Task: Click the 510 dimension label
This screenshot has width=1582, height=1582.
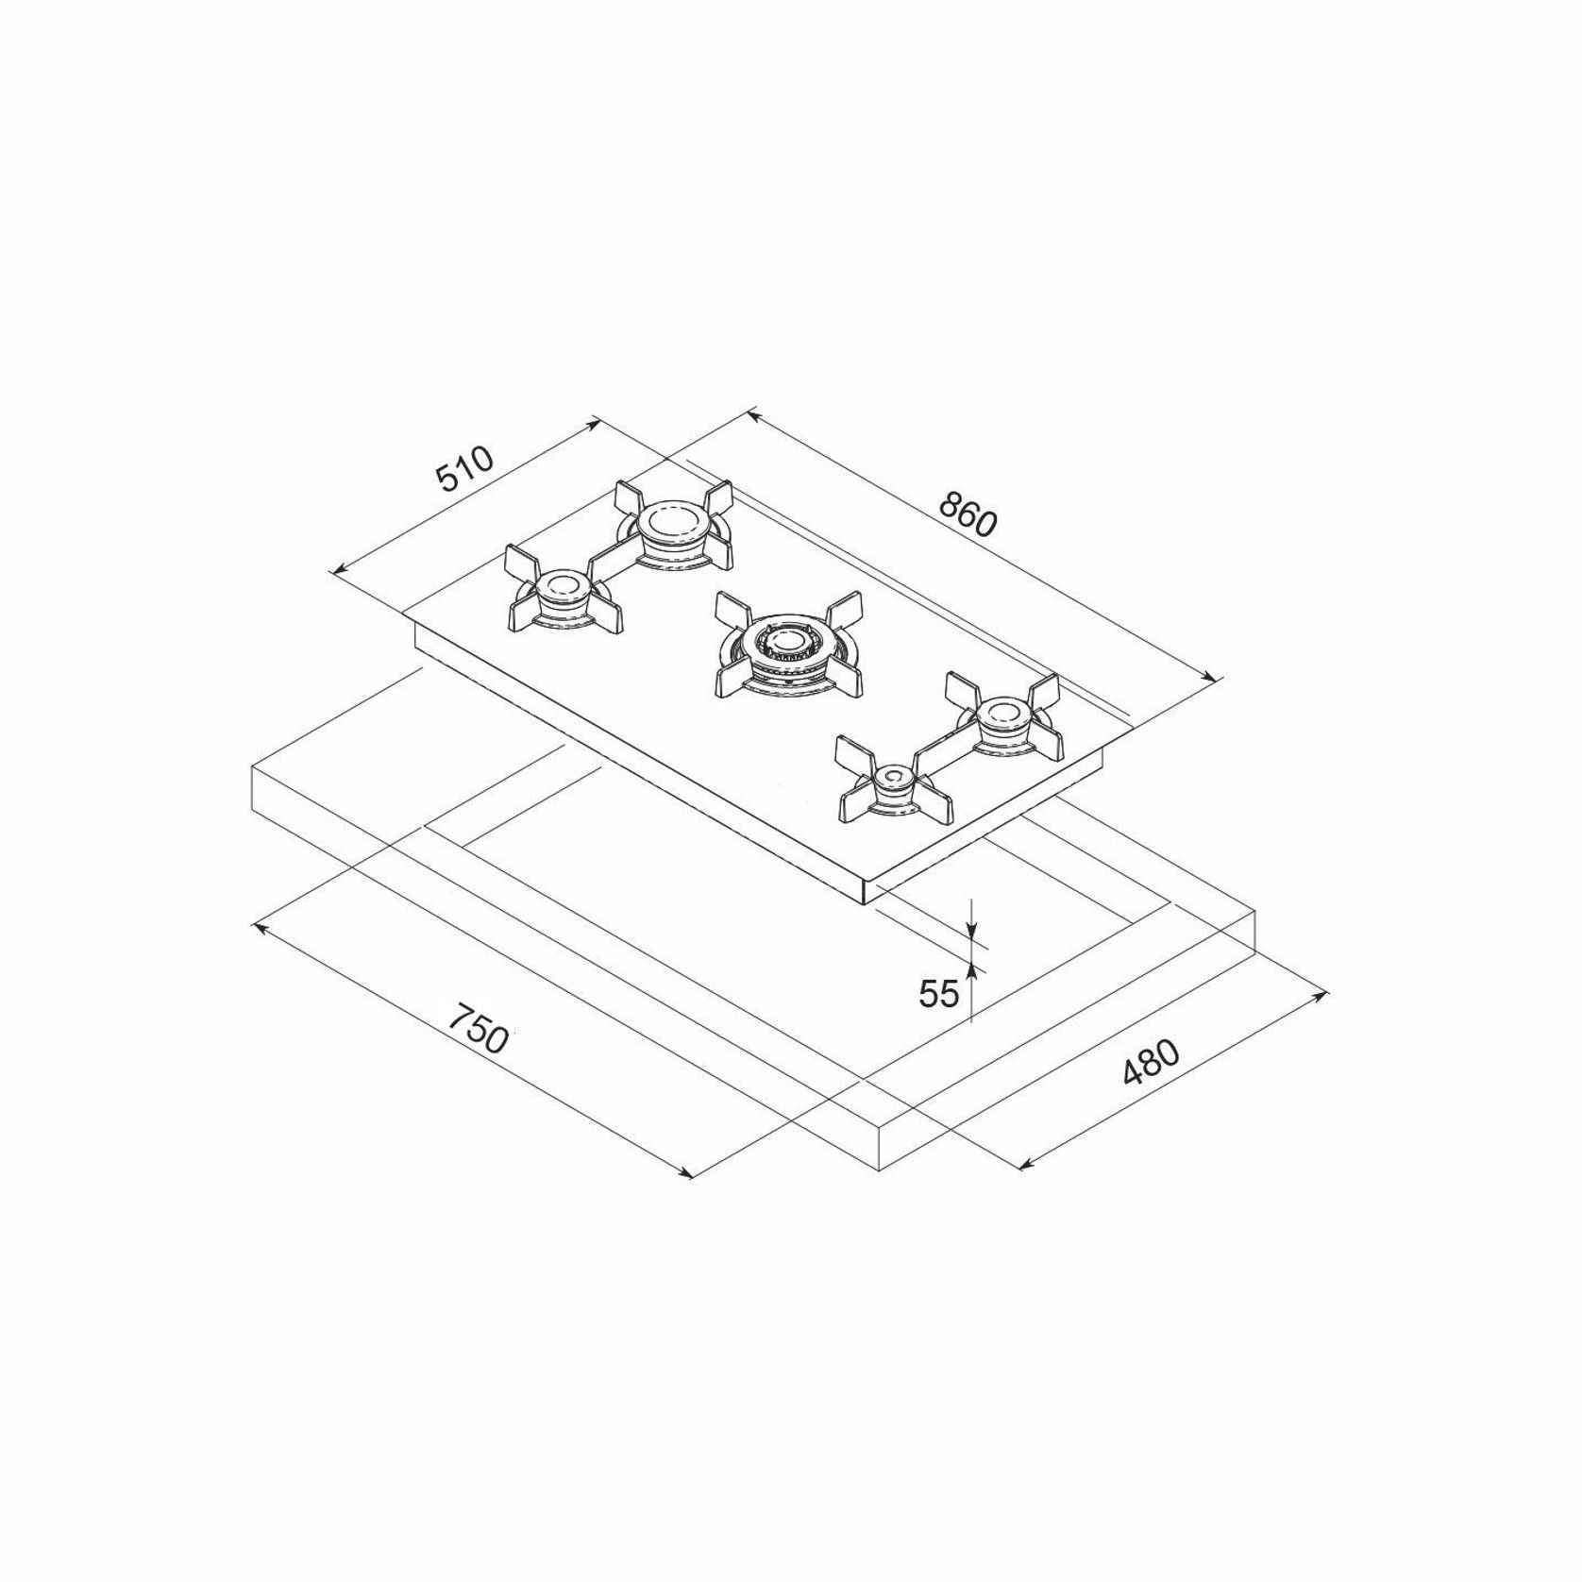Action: (x=464, y=469)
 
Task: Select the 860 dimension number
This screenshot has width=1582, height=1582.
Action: (x=968, y=514)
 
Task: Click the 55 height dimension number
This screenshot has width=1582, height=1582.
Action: (x=938, y=992)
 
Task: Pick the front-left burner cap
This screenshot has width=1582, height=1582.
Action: (x=563, y=590)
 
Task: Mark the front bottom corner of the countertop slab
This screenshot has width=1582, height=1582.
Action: (x=880, y=1169)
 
